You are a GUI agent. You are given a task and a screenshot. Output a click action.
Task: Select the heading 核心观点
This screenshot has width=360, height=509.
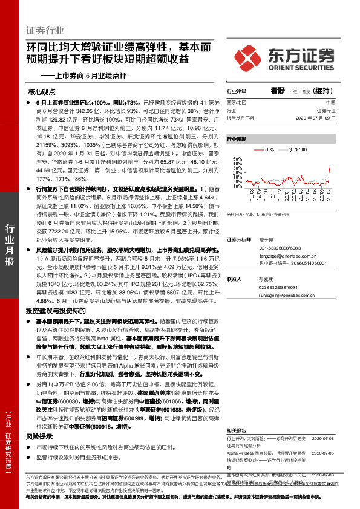(42, 92)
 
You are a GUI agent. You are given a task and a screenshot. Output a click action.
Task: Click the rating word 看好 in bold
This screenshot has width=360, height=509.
(278, 91)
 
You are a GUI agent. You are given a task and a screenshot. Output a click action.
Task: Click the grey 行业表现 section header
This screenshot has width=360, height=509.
(237, 139)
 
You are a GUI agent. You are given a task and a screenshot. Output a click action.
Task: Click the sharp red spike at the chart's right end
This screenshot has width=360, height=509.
(329, 166)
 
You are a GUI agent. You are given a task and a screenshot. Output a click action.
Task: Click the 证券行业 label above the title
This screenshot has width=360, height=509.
(45, 30)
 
